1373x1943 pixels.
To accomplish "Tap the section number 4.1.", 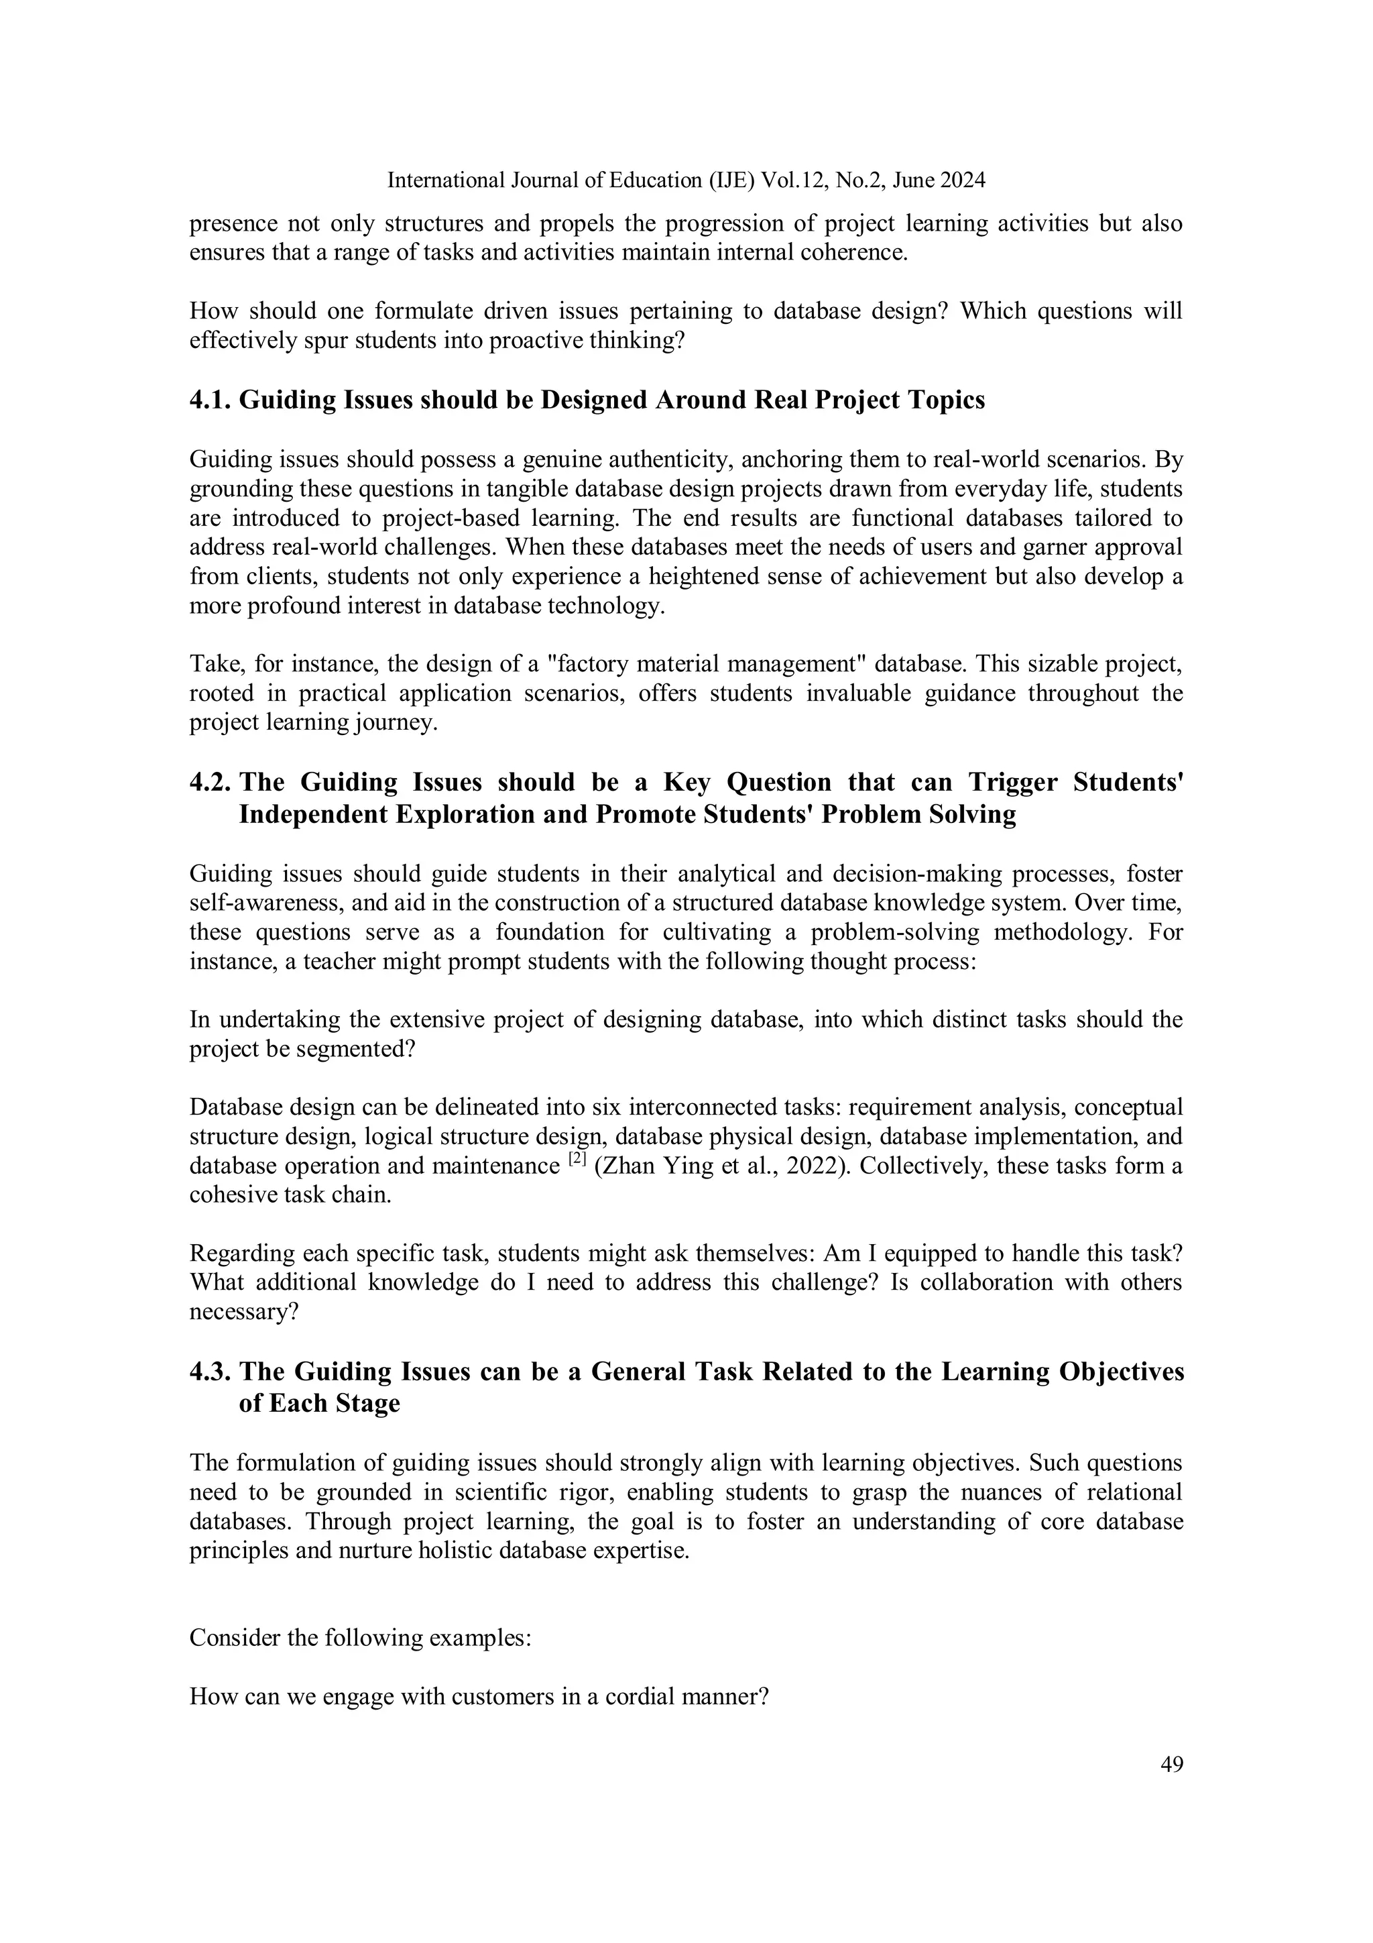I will click(210, 400).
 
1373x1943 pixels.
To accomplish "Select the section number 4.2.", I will click(210, 782).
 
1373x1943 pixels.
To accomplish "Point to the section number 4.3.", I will click(210, 1371).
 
